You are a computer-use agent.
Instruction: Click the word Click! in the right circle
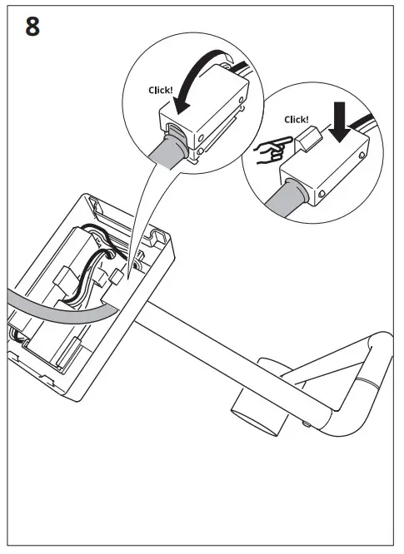(296, 119)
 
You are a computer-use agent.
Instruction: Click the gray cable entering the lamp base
(50, 304)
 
